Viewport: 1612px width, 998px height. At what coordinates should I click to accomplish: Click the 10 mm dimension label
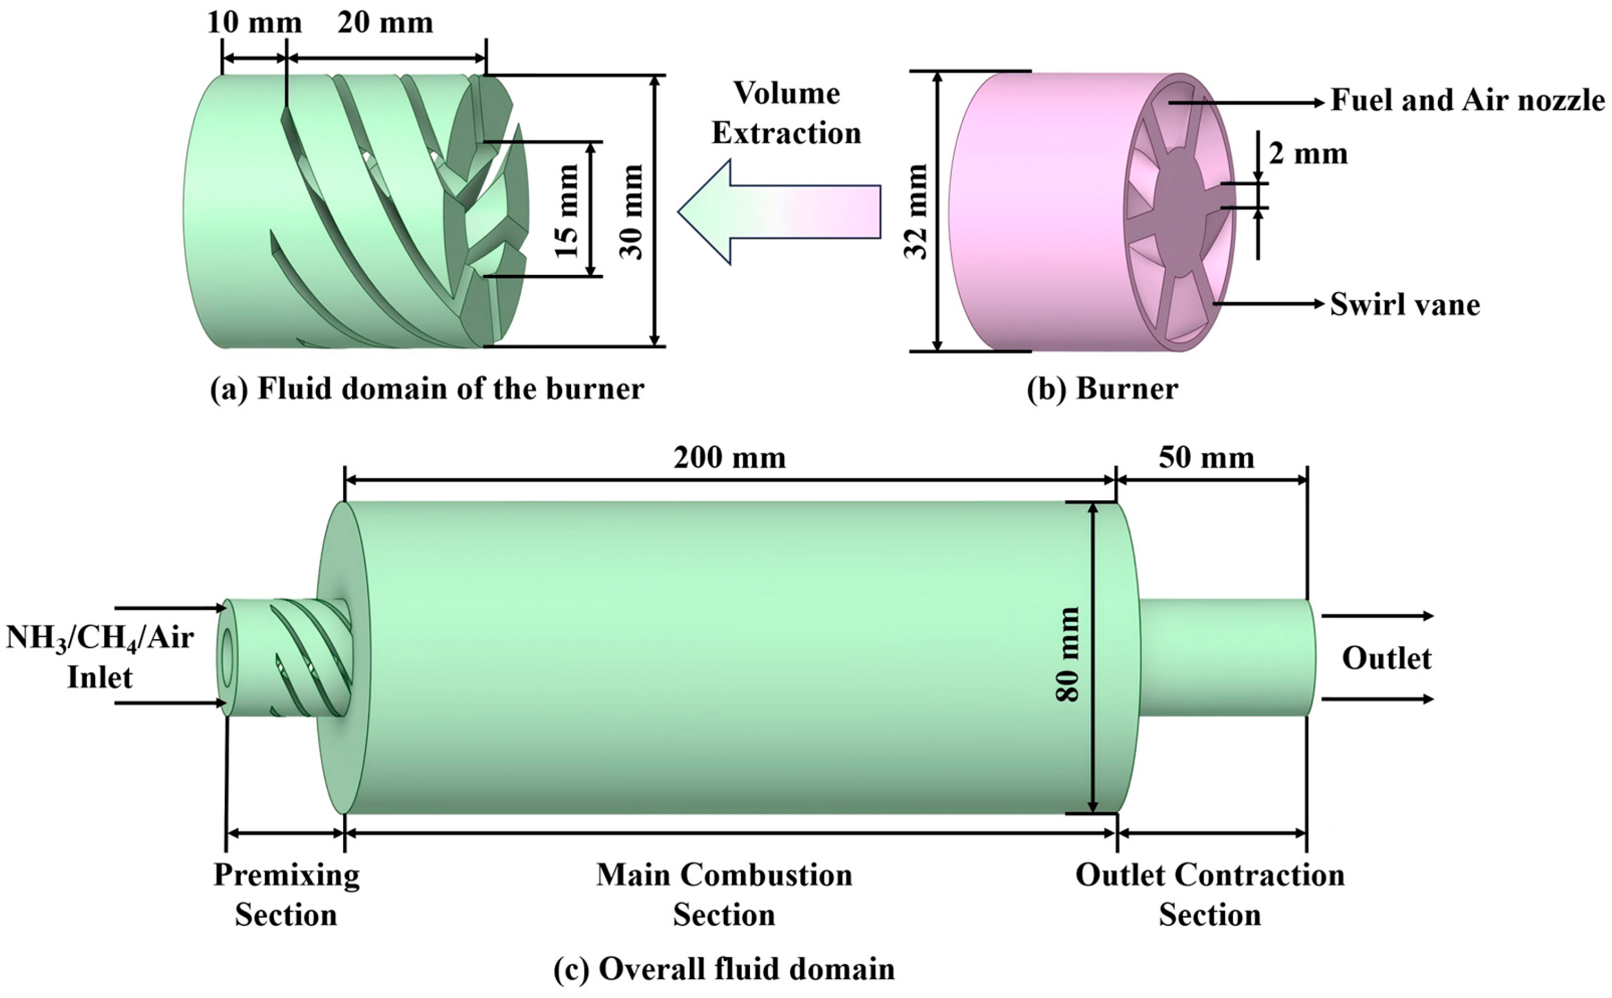coord(254,23)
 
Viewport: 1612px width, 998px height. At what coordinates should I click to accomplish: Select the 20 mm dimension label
coord(385,23)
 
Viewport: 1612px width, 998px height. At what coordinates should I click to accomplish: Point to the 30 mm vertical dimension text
coord(631,211)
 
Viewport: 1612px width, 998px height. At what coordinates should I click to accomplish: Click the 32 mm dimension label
coord(916,211)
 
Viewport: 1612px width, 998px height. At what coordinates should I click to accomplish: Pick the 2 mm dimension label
coord(1308,154)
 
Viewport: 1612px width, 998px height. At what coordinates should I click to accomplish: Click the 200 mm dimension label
coord(730,458)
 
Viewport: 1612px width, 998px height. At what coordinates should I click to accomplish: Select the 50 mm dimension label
coord(1207,458)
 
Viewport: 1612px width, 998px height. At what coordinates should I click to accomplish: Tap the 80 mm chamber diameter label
coord(1066,654)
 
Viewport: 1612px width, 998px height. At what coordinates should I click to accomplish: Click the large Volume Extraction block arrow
coord(779,212)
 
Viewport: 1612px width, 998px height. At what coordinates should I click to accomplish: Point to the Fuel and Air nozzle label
coord(1467,100)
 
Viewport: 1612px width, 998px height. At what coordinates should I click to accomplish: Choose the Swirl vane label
coord(1405,304)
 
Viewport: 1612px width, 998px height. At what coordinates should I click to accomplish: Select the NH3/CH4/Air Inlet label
coord(100,657)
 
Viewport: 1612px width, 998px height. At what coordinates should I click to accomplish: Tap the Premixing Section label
coord(287,895)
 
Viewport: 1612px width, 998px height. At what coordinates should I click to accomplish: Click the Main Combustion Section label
coord(724,895)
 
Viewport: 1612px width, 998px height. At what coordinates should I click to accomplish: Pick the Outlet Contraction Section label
coord(1210,895)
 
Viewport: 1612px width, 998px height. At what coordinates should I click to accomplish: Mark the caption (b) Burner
coord(1102,389)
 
